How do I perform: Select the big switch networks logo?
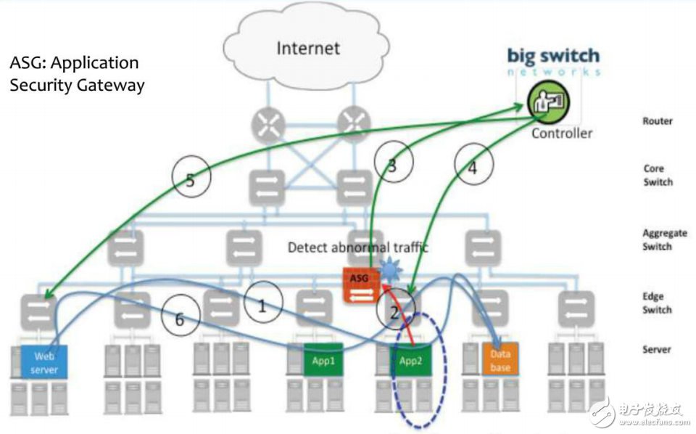click(553, 61)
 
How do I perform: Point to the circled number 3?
click(392, 165)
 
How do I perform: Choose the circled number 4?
click(473, 168)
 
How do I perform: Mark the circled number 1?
click(262, 306)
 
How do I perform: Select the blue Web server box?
click(44, 361)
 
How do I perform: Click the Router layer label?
click(658, 121)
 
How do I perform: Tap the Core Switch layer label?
click(658, 175)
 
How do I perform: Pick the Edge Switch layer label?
click(658, 303)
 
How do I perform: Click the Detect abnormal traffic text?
click(357, 247)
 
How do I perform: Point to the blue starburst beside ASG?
click(391, 271)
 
